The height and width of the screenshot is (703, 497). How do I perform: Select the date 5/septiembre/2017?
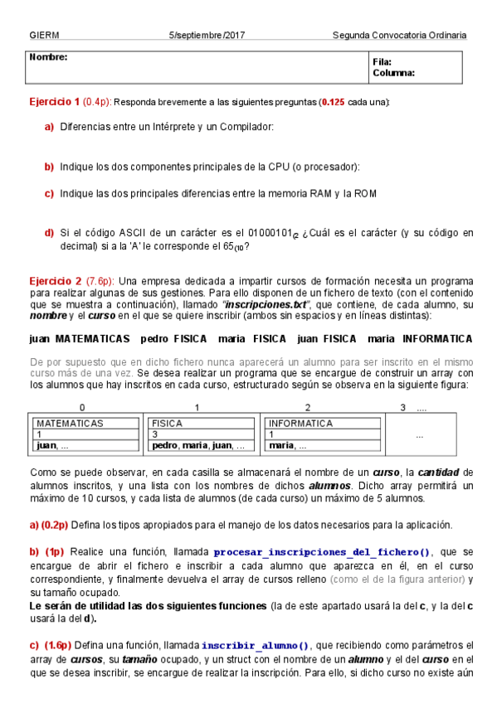pos(207,36)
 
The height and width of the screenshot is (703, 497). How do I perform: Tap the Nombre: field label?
pos(48,57)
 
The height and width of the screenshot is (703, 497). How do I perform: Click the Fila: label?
pos(382,61)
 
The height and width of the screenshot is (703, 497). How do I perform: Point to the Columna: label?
pos(393,72)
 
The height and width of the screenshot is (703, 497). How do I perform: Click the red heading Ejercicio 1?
pos(55,102)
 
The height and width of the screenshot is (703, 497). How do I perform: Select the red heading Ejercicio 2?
pos(55,281)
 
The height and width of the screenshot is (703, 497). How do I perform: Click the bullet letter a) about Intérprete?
pos(49,127)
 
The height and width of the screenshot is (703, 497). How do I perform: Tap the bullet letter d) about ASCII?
pos(49,233)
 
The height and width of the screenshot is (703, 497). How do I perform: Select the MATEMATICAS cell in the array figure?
pos(70,423)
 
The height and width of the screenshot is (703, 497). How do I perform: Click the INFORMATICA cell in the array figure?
pos(300,423)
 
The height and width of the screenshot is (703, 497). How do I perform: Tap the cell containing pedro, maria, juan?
pos(198,445)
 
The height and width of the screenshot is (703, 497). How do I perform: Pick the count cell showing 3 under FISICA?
pos(155,434)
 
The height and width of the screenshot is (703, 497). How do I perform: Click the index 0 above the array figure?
pos(81,407)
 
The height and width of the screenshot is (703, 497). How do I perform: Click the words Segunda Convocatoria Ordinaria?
pos(399,36)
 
